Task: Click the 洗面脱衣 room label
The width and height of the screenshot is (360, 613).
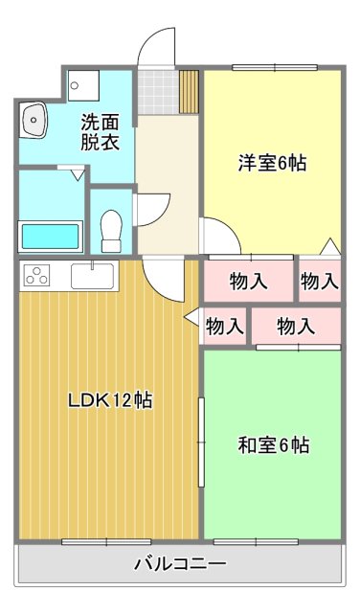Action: pos(99,132)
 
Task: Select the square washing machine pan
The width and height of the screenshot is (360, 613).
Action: pos(84,85)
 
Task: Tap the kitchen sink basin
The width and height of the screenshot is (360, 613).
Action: pos(92,276)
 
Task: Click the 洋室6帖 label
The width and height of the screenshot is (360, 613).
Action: pos(272,163)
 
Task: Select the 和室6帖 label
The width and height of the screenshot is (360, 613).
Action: pos(273,445)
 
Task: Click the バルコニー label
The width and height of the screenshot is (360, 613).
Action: pos(180,564)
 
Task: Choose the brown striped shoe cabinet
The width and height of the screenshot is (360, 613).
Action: pos(188,92)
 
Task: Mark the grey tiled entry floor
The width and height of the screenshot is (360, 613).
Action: pos(157,93)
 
